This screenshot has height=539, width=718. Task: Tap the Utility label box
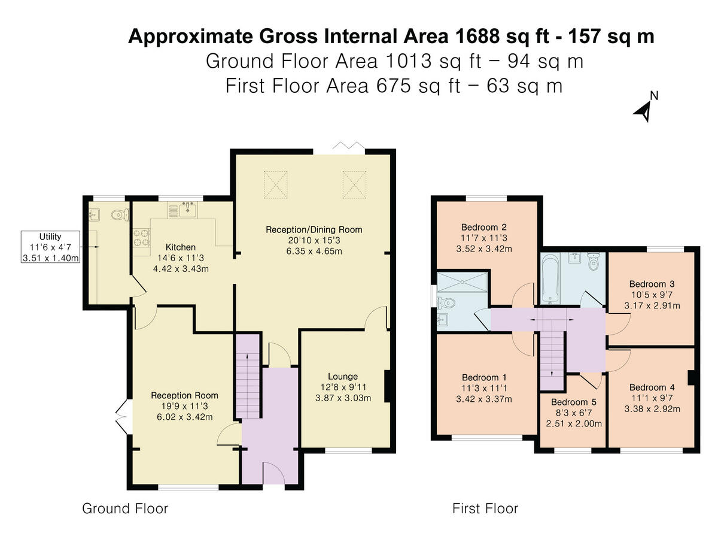click(50, 247)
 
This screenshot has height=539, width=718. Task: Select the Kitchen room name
click(181, 247)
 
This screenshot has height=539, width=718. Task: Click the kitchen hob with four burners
click(141, 238)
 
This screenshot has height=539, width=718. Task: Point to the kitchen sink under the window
click(187, 210)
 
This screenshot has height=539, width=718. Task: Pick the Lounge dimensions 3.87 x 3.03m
click(343, 398)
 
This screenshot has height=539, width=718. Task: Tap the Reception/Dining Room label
click(314, 230)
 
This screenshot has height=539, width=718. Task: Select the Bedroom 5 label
click(574, 402)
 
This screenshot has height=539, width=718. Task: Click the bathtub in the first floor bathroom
click(551, 277)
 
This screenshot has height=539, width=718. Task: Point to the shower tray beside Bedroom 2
click(462, 281)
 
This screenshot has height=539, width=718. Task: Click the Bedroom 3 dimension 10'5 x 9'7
click(652, 295)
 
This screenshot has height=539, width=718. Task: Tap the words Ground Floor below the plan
click(125, 508)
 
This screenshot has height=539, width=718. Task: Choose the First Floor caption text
click(485, 508)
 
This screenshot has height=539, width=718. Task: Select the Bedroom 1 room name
click(484, 377)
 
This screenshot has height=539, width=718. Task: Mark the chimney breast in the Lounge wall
click(388, 386)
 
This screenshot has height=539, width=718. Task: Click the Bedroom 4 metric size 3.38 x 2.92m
click(652, 409)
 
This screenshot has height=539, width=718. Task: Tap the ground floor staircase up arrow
click(247, 386)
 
